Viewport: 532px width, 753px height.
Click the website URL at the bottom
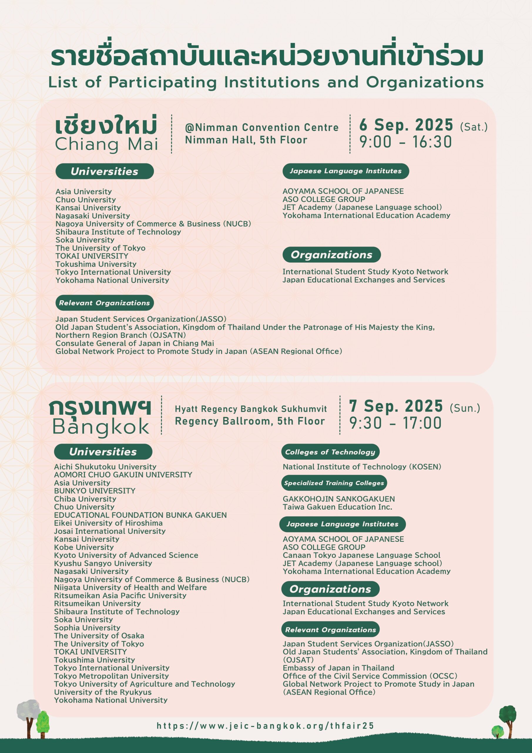tap(265, 726)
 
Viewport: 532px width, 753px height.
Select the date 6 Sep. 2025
tap(406, 125)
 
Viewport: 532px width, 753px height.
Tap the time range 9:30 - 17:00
tap(395, 423)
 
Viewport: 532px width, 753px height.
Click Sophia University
tap(87, 628)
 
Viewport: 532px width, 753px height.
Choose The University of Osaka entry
tap(99, 636)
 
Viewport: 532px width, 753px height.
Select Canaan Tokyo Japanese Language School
tap(361, 555)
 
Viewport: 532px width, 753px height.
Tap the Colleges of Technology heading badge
tap(330, 452)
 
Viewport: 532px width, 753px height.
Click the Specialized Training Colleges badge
tap(334, 483)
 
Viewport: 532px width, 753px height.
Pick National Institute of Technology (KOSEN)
tap(362, 467)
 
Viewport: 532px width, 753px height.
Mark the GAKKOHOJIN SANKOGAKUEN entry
tap(339, 499)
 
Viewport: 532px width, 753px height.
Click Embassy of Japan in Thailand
tap(338, 668)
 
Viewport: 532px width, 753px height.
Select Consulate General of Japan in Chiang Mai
tap(135, 343)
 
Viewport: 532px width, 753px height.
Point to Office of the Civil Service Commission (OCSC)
tap(370, 676)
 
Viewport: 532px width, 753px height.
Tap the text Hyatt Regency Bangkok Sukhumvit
tap(251, 409)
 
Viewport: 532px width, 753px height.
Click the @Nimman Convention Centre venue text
tap(262, 127)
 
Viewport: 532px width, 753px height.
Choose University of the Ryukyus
tap(103, 692)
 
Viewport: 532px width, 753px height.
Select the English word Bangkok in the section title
tap(100, 427)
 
